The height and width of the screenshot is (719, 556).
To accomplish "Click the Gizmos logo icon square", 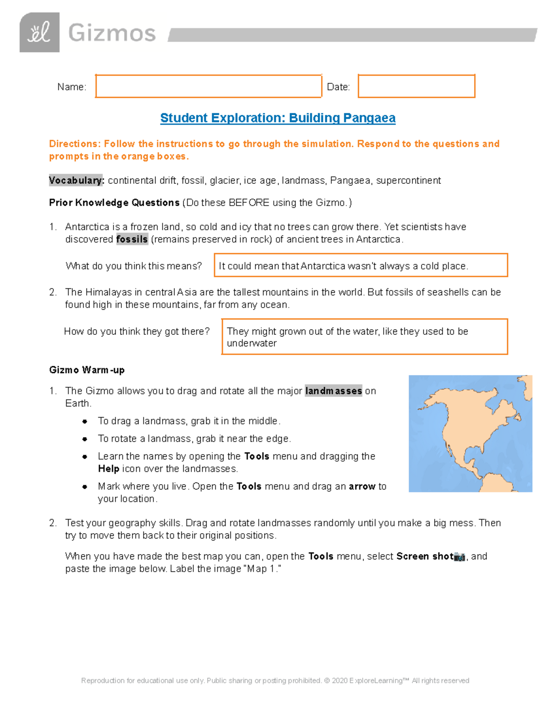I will click(x=39, y=32).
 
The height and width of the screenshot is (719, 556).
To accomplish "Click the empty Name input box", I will click(x=208, y=86).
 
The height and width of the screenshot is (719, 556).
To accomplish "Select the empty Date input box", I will click(x=416, y=86).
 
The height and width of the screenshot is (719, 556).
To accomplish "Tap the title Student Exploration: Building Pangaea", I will click(x=278, y=118).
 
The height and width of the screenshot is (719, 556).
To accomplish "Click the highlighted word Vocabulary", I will click(x=76, y=181).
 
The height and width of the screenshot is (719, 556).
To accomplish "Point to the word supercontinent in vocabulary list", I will click(x=408, y=181).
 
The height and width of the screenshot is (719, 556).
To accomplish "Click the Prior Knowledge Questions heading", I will click(x=114, y=203).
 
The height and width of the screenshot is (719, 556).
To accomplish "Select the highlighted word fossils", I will click(x=132, y=239).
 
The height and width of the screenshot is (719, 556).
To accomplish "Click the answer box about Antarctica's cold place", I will click(x=360, y=265).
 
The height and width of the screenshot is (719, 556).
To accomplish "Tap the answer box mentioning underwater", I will click(x=364, y=337).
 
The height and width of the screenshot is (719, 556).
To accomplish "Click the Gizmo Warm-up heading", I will click(x=87, y=370).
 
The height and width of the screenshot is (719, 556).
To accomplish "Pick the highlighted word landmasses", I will click(x=333, y=391).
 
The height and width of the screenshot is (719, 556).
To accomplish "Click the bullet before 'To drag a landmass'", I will click(x=85, y=421).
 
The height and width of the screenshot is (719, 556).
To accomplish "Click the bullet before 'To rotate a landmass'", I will click(x=85, y=439).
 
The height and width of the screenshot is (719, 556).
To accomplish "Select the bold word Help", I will click(x=108, y=469).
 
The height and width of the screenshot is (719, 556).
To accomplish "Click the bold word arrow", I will click(x=362, y=487).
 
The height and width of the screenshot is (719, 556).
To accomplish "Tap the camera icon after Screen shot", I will click(x=459, y=557).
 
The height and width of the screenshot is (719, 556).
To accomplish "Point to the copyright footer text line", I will click(x=275, y=681).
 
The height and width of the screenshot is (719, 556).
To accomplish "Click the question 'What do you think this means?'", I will click(x=133, y=266).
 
